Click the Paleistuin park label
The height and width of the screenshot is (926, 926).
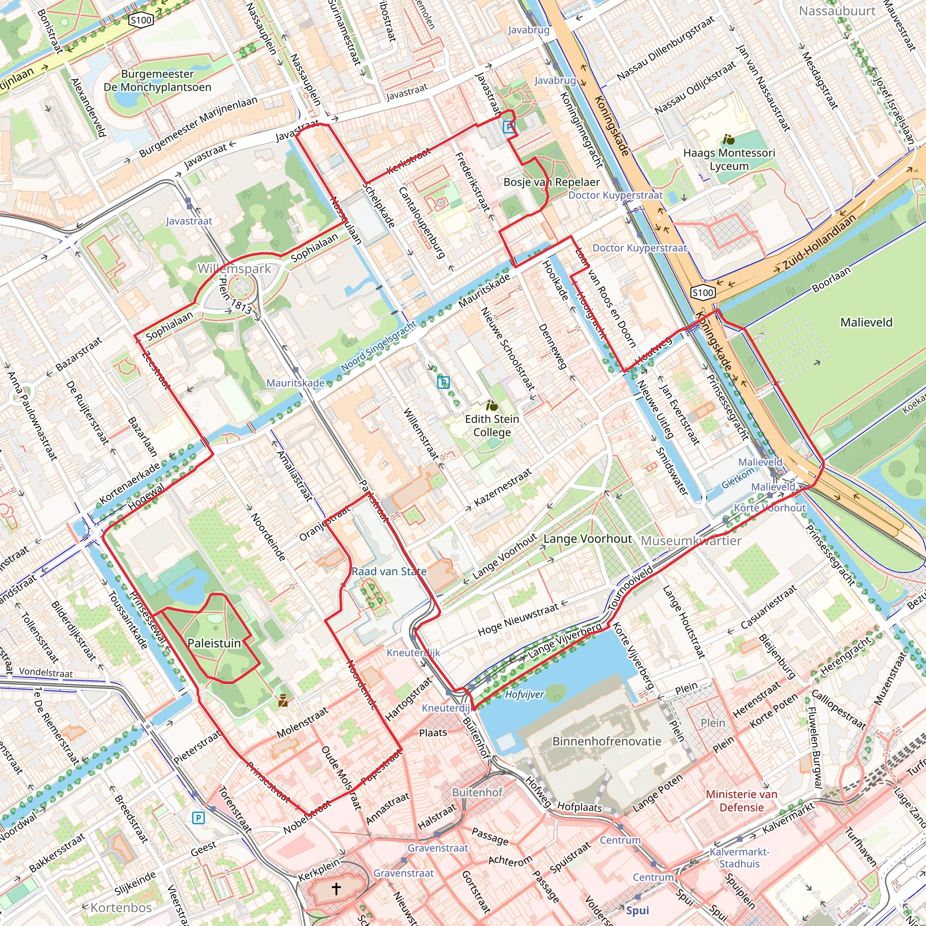pos(214,643)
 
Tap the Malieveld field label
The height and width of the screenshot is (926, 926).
pos(867,322)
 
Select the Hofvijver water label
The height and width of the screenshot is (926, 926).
pos(524,694)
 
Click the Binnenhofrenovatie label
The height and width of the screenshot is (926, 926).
pos(607,741)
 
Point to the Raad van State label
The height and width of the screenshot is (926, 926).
pos(389,572)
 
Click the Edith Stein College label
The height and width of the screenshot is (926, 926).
pos(492,425)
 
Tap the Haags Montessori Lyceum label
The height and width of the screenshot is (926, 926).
pos(728,159)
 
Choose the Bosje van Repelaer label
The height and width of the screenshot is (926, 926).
pos(551,182)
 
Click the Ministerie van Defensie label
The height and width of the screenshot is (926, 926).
pos(742,800)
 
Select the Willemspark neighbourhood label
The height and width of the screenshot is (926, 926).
pos(234,269)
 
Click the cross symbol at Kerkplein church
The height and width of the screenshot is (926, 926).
pos(336,888)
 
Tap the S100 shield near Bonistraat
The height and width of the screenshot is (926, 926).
pos(141,19)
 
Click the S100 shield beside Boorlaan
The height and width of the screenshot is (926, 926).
pos(703,293)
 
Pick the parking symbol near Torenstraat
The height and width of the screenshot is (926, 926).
pos(198,817)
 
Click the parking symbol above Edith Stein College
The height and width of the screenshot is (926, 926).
pos(444,382)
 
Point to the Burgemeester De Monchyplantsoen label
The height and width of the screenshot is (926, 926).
pos(157,80)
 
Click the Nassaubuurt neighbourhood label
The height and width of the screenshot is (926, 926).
pos(837,10)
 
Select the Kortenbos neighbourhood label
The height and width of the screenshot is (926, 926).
pos(121,907)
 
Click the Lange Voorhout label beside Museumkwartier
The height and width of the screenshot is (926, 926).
pos(587,539)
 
